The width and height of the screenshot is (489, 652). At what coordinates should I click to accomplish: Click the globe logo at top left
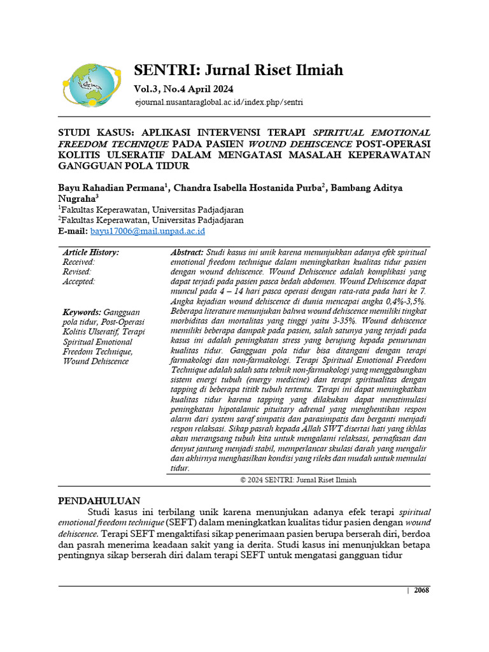90,85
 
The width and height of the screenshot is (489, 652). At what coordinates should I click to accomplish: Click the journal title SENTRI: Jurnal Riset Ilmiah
238,69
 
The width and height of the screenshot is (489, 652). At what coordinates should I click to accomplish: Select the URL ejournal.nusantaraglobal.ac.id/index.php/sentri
218,102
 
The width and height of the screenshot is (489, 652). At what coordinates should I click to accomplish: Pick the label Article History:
90,253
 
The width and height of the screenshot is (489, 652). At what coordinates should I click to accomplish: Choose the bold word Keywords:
81,313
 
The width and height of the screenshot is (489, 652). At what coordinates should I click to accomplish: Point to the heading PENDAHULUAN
99,500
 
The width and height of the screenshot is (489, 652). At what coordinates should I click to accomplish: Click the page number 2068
422,590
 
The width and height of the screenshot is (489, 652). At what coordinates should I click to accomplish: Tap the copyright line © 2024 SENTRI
298,480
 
